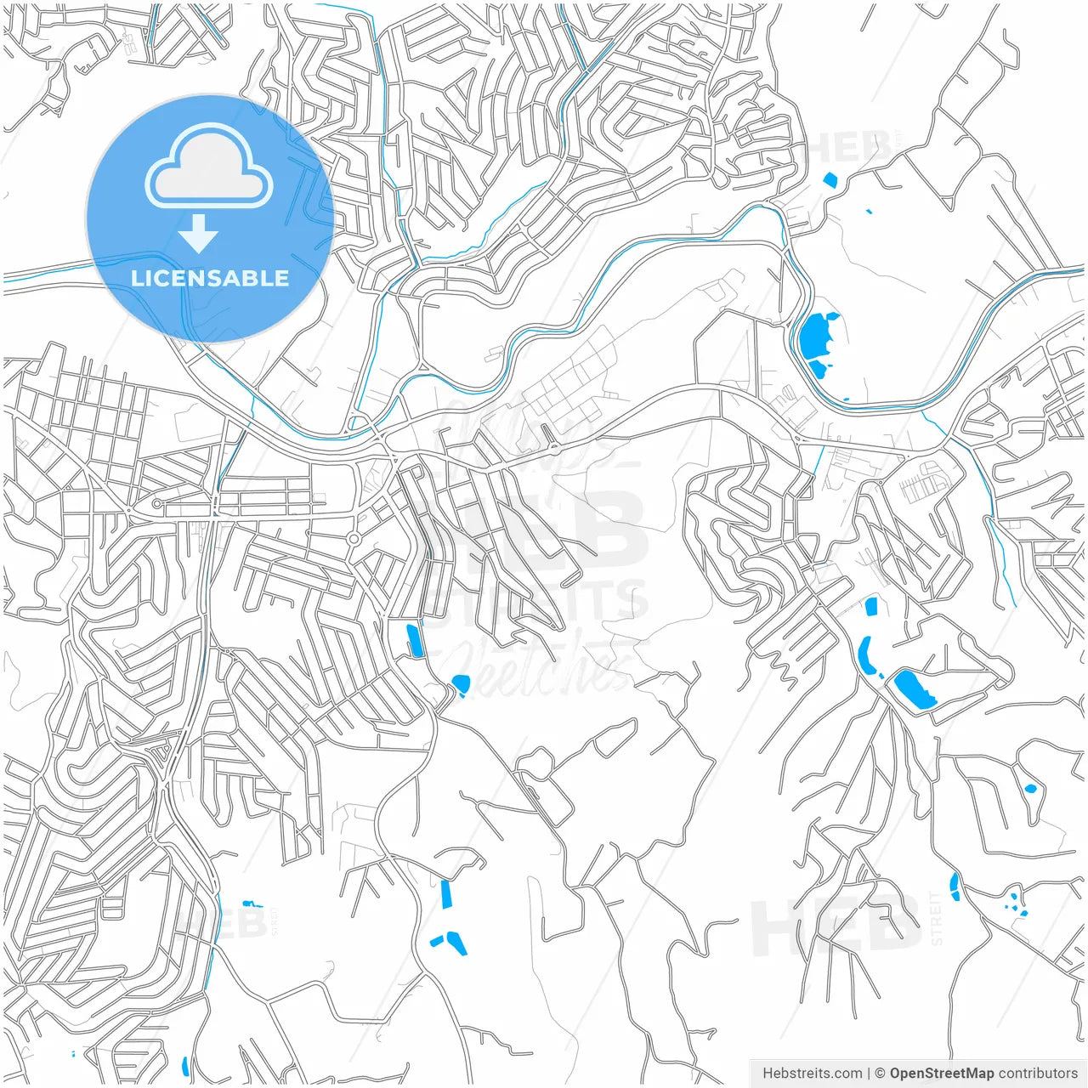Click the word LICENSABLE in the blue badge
click(x=209, y=278)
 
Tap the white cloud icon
click(x=209, y=168)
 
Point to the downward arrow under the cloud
click(x=199, y=234)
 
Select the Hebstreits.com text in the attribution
click(x=812, y=1074)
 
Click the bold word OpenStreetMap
click(x=941, y=1074)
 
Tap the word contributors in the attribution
click(x=1037, y=1074)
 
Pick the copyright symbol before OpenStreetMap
click(x=881, y=1074)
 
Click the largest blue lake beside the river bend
click(x=818, y=336)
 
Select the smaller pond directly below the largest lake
click(x=817, y=369)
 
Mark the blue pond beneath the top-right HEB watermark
click(x=830, y=180)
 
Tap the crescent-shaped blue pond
click(x=866, y=656)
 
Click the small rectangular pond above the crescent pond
click(x=870, y=607)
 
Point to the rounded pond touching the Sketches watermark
click(x=461, y=683)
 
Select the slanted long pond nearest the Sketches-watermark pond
click(x=415, y=641)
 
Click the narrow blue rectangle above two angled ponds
click(x=446, y=895)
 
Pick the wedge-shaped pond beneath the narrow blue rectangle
click(x=456, y=943)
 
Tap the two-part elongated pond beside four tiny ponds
click(x=955, y=887)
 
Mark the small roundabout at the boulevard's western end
click(x=157, y=504)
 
